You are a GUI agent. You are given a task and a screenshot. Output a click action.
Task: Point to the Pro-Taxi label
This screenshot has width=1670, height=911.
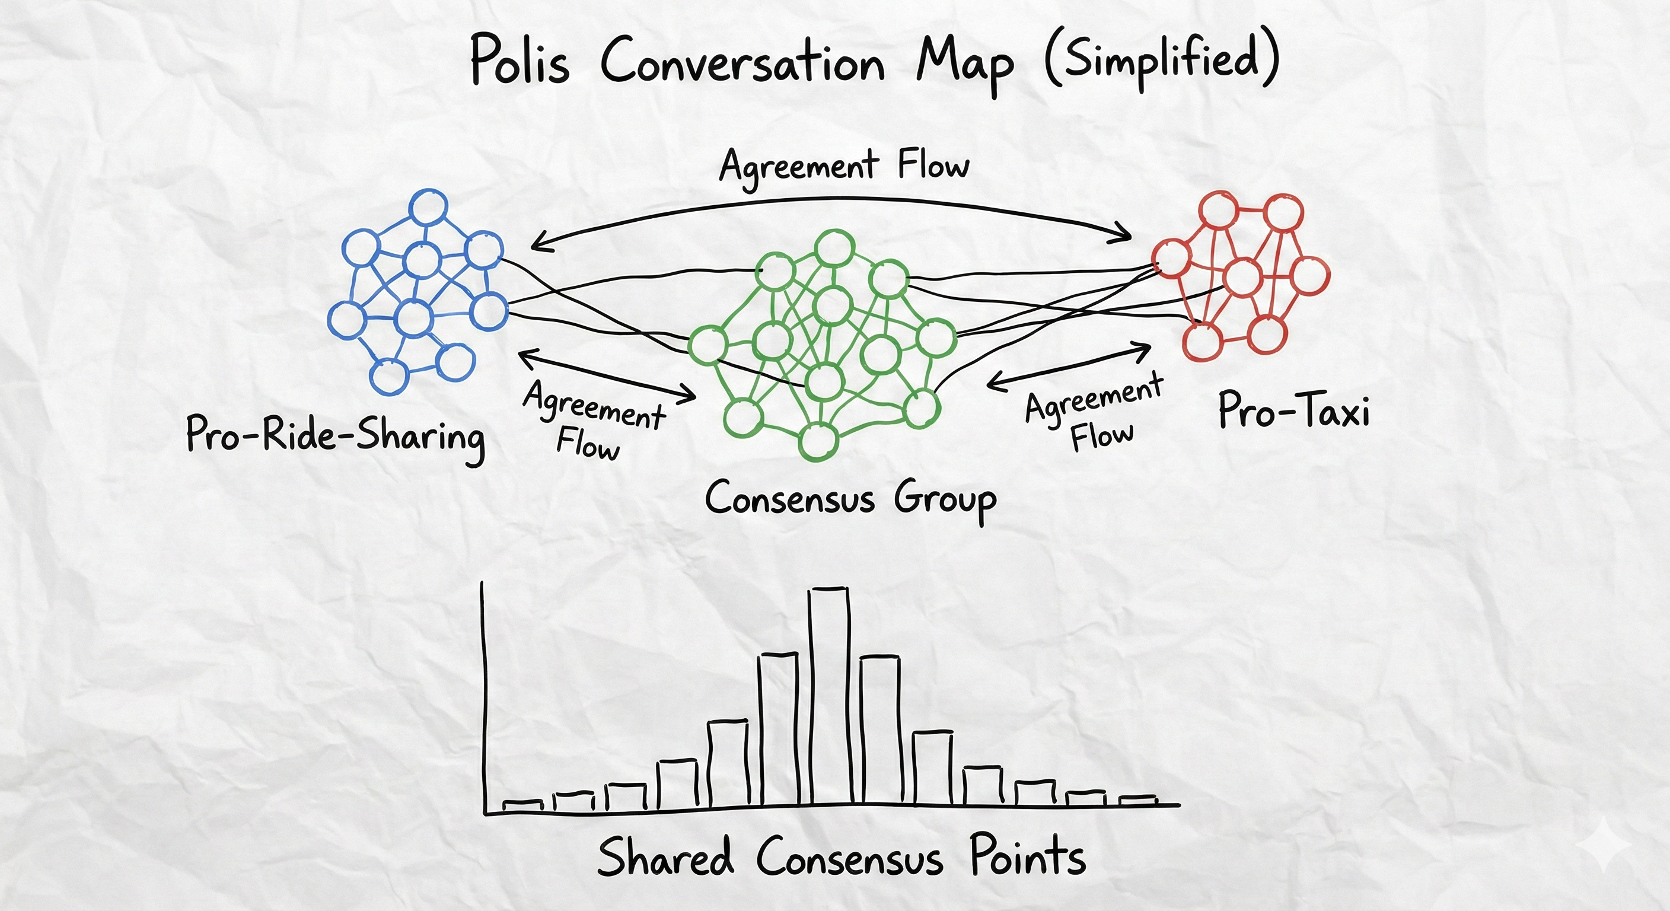[1294, 410]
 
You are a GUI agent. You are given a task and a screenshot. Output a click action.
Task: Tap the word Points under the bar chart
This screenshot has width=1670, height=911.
[1028, 855]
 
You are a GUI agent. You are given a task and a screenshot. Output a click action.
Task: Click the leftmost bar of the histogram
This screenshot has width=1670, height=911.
[522, 805]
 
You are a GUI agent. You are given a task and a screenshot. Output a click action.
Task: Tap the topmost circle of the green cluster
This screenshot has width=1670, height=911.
[834, 249]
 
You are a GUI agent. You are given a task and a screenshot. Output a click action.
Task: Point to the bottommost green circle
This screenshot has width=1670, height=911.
[817, 442]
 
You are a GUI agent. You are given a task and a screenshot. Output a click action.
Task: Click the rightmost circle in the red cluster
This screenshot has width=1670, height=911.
[1309, 276]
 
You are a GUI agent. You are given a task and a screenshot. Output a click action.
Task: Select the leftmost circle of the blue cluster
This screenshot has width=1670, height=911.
[347, 320]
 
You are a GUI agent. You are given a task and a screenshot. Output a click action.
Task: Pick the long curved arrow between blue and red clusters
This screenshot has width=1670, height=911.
[830, 200]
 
